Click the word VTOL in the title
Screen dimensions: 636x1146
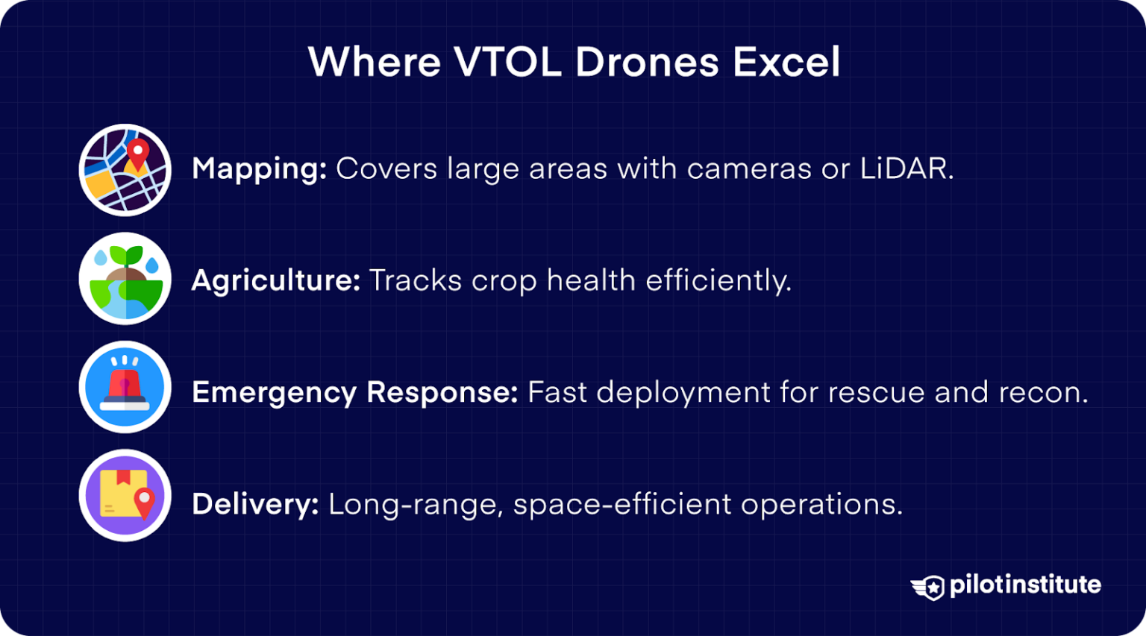coord(507,62)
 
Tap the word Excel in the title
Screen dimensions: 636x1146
coord(786,62)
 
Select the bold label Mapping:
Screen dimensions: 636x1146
coord(259,169)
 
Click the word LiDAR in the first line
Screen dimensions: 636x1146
coord(906,169)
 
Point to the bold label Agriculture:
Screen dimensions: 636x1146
coord(275,281)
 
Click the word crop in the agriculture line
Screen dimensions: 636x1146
coord(504,281)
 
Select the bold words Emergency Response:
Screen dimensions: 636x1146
coord(354,393)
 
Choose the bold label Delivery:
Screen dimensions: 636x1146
coord(255,505)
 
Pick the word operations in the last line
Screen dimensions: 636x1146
coord(821,505)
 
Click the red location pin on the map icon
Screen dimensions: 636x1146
coord(137,154)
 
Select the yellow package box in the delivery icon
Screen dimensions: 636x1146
coord(120,493)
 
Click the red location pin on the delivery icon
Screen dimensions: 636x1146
coord(144,503)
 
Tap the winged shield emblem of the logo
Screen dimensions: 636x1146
coord(928,587)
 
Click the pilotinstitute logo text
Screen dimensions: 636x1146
coord(1024,585)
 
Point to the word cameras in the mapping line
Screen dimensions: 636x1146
coord(748,169)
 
